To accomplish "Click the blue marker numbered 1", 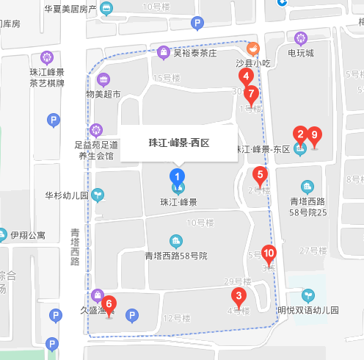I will (177, 176).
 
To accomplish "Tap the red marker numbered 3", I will (238, 297).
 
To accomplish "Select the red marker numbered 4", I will (246, 75).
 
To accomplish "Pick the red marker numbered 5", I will (258, 175).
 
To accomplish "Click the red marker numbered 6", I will (109, 303).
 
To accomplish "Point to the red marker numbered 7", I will (252, 94).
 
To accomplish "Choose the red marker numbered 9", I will (315, 134).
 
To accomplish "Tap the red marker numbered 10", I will (269, 253).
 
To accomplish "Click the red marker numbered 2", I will (299, 134).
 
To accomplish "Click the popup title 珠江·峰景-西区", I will (179, 143).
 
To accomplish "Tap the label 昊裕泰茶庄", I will (194, 53).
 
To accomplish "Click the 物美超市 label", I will (103, 93).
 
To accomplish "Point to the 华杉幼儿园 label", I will (67, 195).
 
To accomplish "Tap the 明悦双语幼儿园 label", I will (308, 310).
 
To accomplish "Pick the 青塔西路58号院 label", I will (176, 256).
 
